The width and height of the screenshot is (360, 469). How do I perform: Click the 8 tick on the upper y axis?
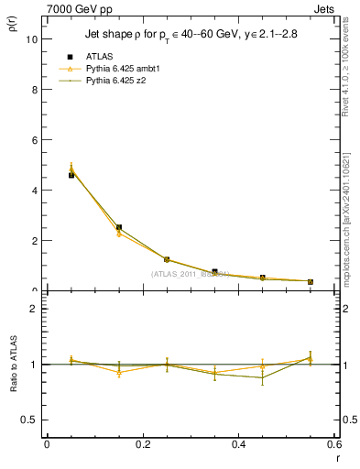point(34,90)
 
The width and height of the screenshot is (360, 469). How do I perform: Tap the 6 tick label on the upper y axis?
point(34,140)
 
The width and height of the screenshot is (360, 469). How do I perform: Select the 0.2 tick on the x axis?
point(142,444)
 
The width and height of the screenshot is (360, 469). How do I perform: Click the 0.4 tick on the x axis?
point(238,444)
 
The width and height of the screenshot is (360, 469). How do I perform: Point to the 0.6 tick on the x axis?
point(333,444)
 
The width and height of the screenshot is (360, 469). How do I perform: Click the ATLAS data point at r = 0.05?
point(71,175)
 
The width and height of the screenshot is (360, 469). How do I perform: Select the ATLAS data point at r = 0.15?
point(119,227)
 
